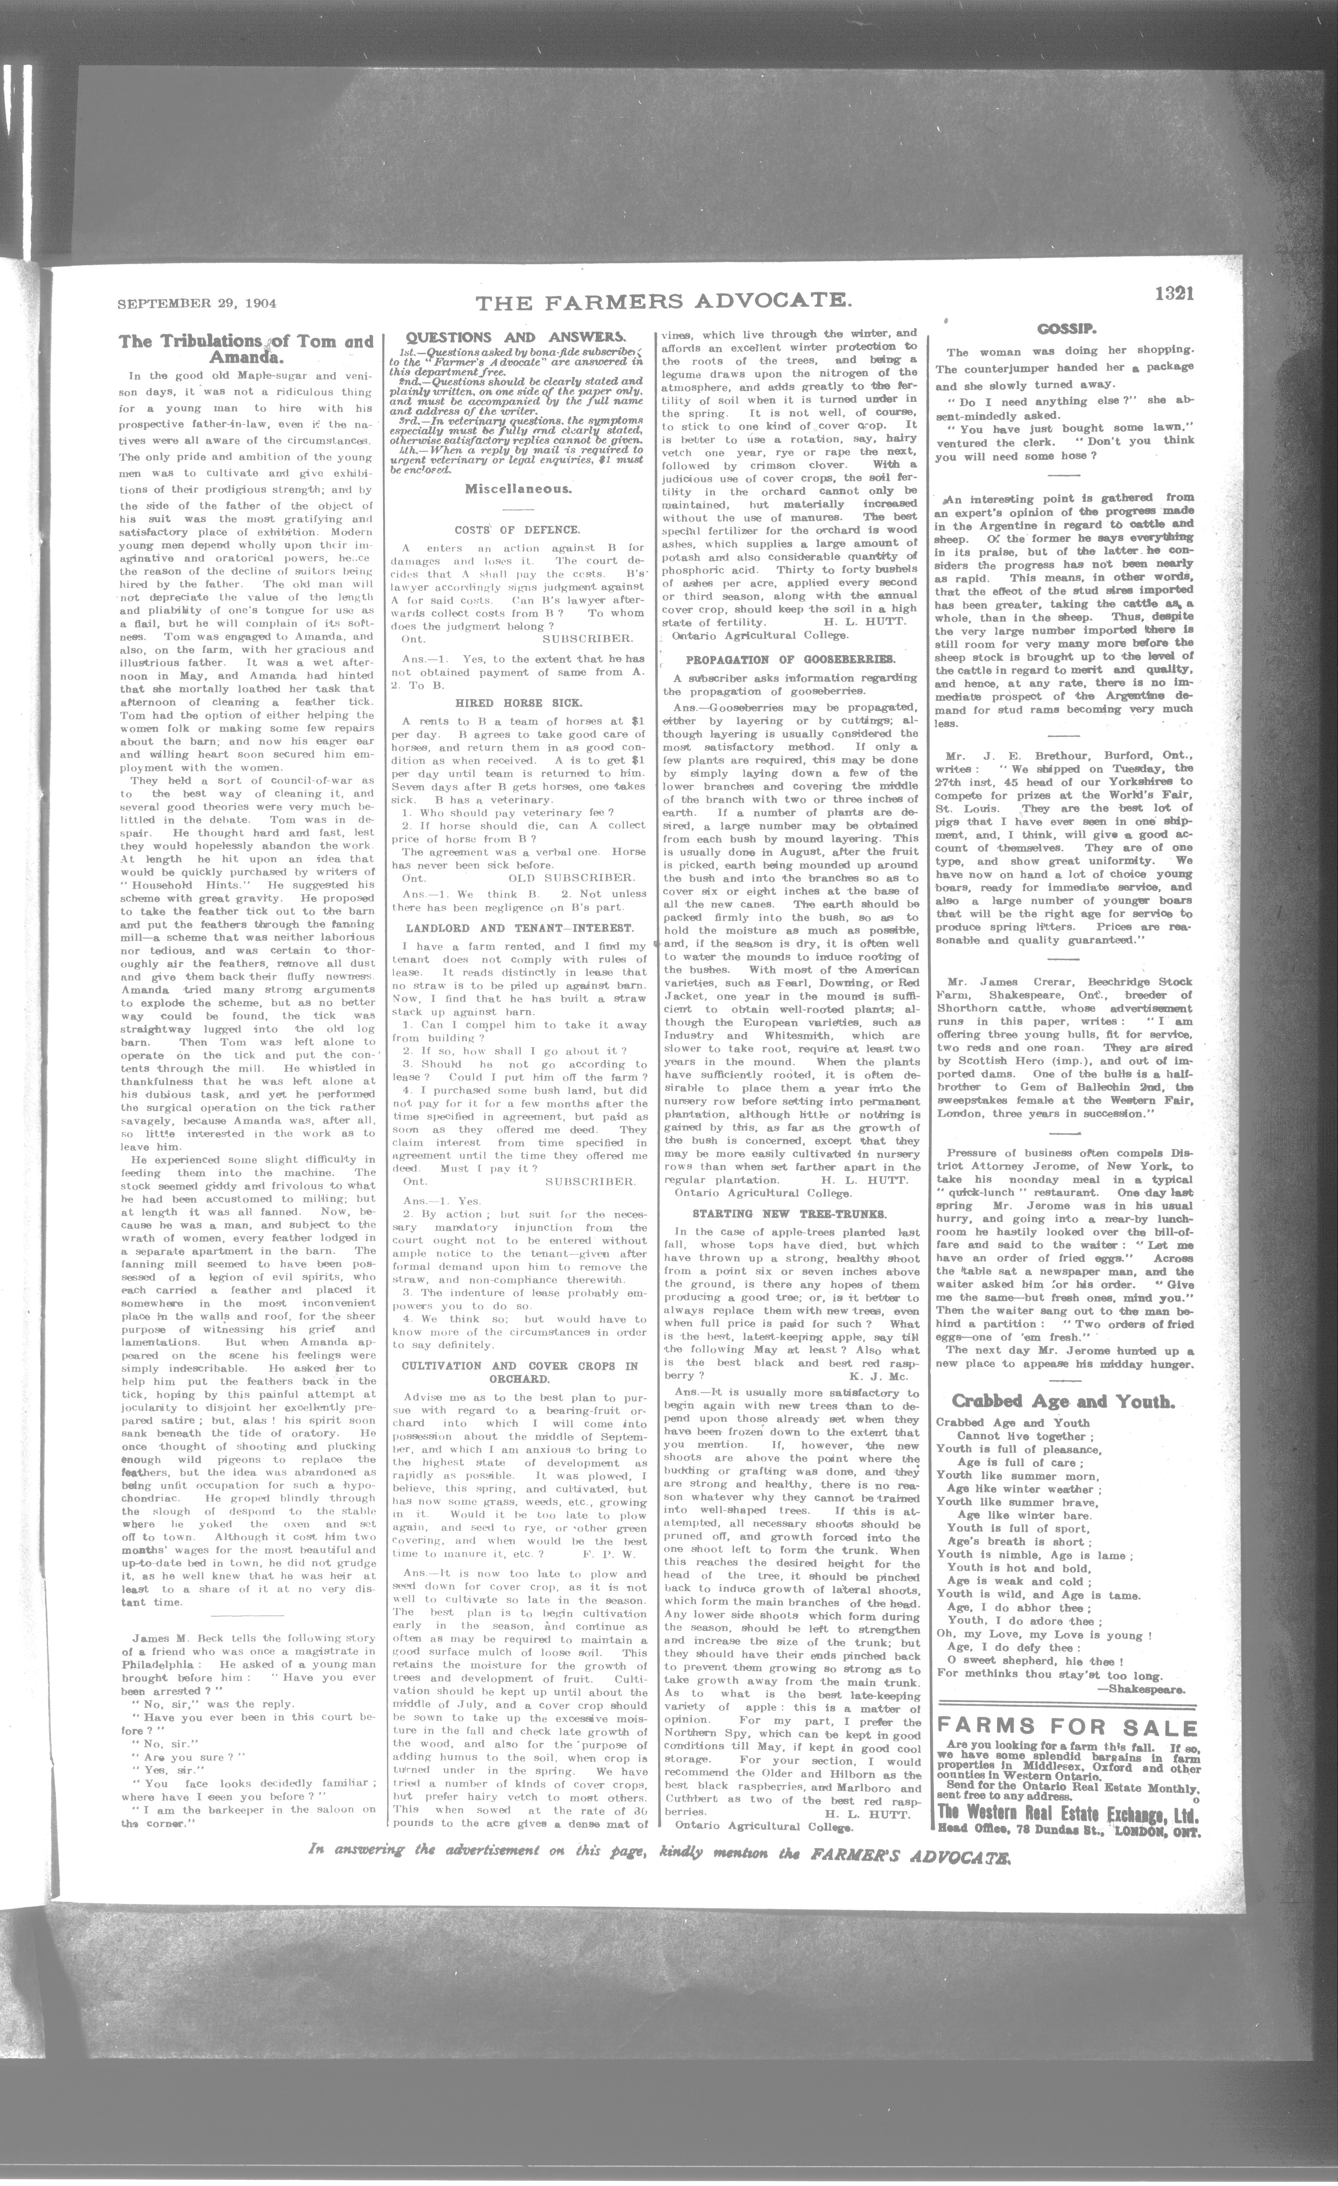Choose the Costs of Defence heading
pyautogui.click(x=517, y=530)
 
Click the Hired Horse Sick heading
pyautogui.click(x=518, y=702)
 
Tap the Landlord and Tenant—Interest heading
pyautogui.click(x=518, y=928)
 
